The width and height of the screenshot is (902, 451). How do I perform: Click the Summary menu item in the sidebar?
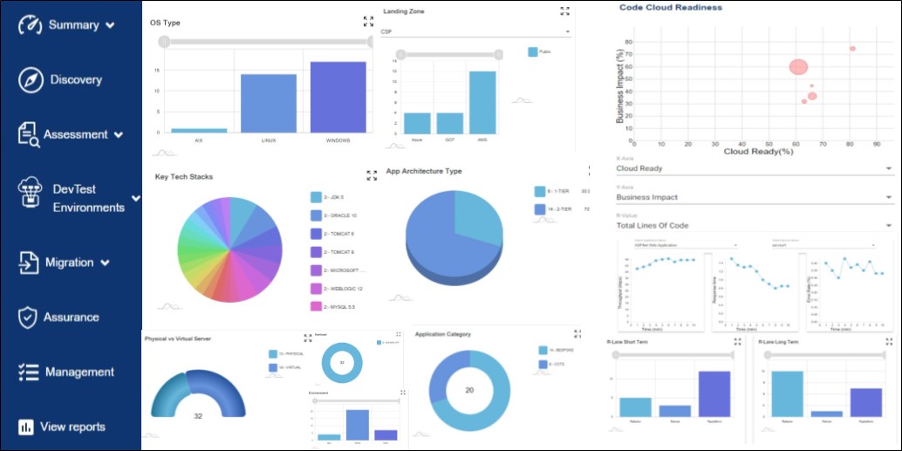pos(73,24)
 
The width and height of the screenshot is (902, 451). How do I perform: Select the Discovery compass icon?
pos(31,79)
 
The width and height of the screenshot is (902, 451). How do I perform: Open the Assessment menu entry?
pos(76,134)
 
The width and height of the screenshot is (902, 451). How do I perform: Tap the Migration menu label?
pos(70,263)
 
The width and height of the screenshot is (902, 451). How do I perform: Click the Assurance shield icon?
pos(28,318)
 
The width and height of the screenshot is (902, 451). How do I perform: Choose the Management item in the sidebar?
pos(79,372)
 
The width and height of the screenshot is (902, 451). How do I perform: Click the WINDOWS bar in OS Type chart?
pos(338,97)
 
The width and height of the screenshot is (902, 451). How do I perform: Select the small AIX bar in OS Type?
pos(199,130)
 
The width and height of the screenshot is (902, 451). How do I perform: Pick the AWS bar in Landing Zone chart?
pos(482,101)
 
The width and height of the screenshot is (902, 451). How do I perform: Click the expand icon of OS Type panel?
pos(368,22)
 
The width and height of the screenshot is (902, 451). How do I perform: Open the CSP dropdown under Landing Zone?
pos(475,32)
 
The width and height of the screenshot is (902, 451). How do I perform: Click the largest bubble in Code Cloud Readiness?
pos(799,66)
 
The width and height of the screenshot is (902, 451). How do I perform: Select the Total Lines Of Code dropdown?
pos(754,226)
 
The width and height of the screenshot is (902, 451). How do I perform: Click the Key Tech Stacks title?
pos(184,177)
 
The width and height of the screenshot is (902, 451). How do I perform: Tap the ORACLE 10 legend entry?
pos(332,215)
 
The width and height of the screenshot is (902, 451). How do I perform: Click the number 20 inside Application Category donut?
pos(468,390)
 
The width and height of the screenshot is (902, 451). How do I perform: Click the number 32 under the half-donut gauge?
pos(198,416)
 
